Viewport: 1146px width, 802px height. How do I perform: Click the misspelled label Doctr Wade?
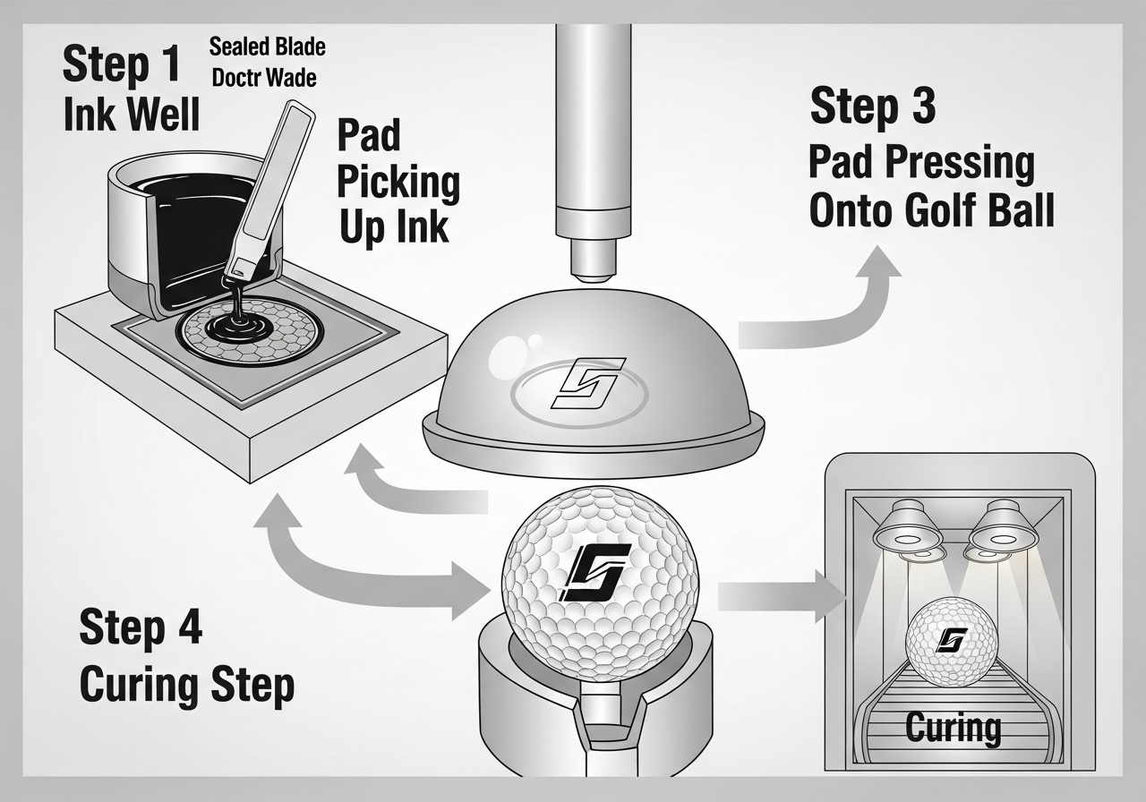[x=263, y=78]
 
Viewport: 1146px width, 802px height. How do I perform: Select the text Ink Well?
[x=132, y=115]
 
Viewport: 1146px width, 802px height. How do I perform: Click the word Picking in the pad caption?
[x=398, y=183]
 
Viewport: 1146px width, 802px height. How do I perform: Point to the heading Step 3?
[x=873, y=107]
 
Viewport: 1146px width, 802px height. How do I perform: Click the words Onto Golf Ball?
[x=931, y=211]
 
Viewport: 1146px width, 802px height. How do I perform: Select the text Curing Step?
[x=186, y=685]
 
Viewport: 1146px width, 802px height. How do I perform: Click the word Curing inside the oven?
[x=953, y=727]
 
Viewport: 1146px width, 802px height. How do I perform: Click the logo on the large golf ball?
[x=594, y=571]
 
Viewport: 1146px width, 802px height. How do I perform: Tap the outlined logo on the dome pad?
[x=587, y=382]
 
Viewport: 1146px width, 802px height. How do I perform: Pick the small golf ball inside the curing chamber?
[x=952, y=641]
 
